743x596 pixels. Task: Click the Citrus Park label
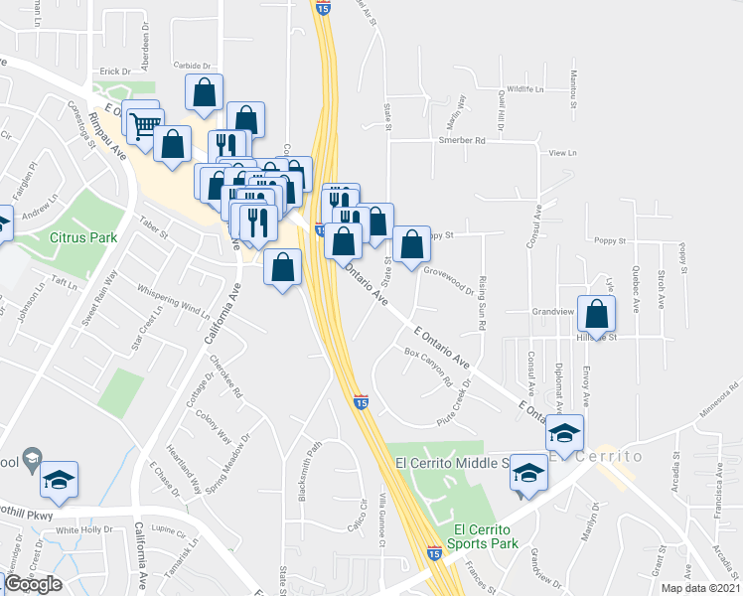tap(83, 237)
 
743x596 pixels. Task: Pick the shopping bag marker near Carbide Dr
tap(204, 93)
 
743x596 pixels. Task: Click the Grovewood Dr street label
tap(449, 278)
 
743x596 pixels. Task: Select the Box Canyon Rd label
tap(428, 367)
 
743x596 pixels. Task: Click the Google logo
tap(33, 583)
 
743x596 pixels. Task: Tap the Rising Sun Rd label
tap(482, 304)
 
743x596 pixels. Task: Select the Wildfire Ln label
tap(525, 89)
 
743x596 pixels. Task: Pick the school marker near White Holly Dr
tap(60, 480)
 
